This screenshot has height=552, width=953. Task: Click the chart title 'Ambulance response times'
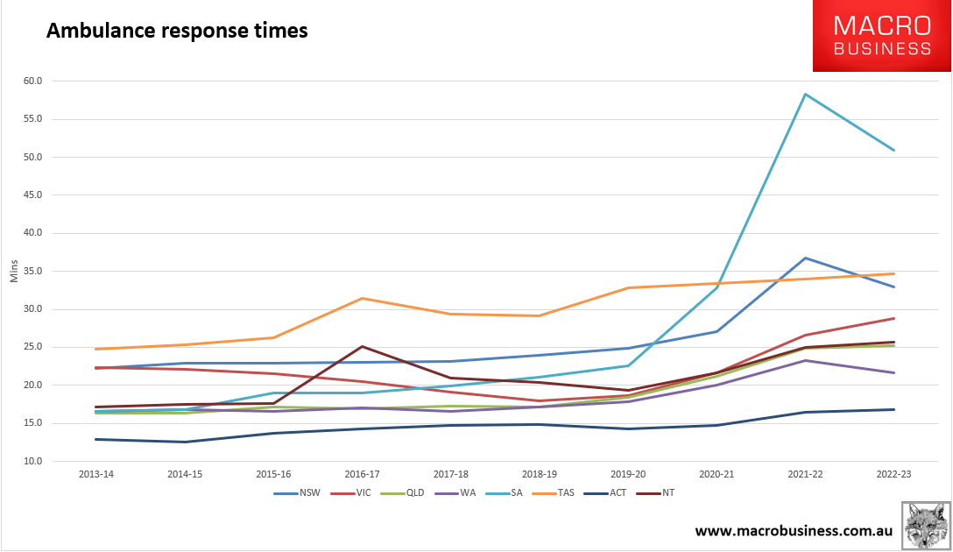[176, 31]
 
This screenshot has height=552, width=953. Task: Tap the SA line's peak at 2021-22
[805, 95]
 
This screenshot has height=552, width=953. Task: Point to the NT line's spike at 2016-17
[362, 346]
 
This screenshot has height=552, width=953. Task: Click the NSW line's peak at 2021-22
[805, 258]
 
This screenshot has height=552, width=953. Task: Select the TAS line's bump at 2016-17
[362, 299]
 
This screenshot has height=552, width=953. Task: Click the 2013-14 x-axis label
[96, 474]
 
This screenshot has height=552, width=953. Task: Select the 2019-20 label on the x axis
[628, 474]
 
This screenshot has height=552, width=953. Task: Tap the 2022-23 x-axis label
[893, 474]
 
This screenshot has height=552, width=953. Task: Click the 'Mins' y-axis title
[14, 271]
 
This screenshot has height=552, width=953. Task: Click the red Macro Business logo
[882, 36]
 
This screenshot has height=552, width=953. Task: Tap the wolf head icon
[926, 525]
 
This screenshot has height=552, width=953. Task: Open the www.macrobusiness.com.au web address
[794, 531]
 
